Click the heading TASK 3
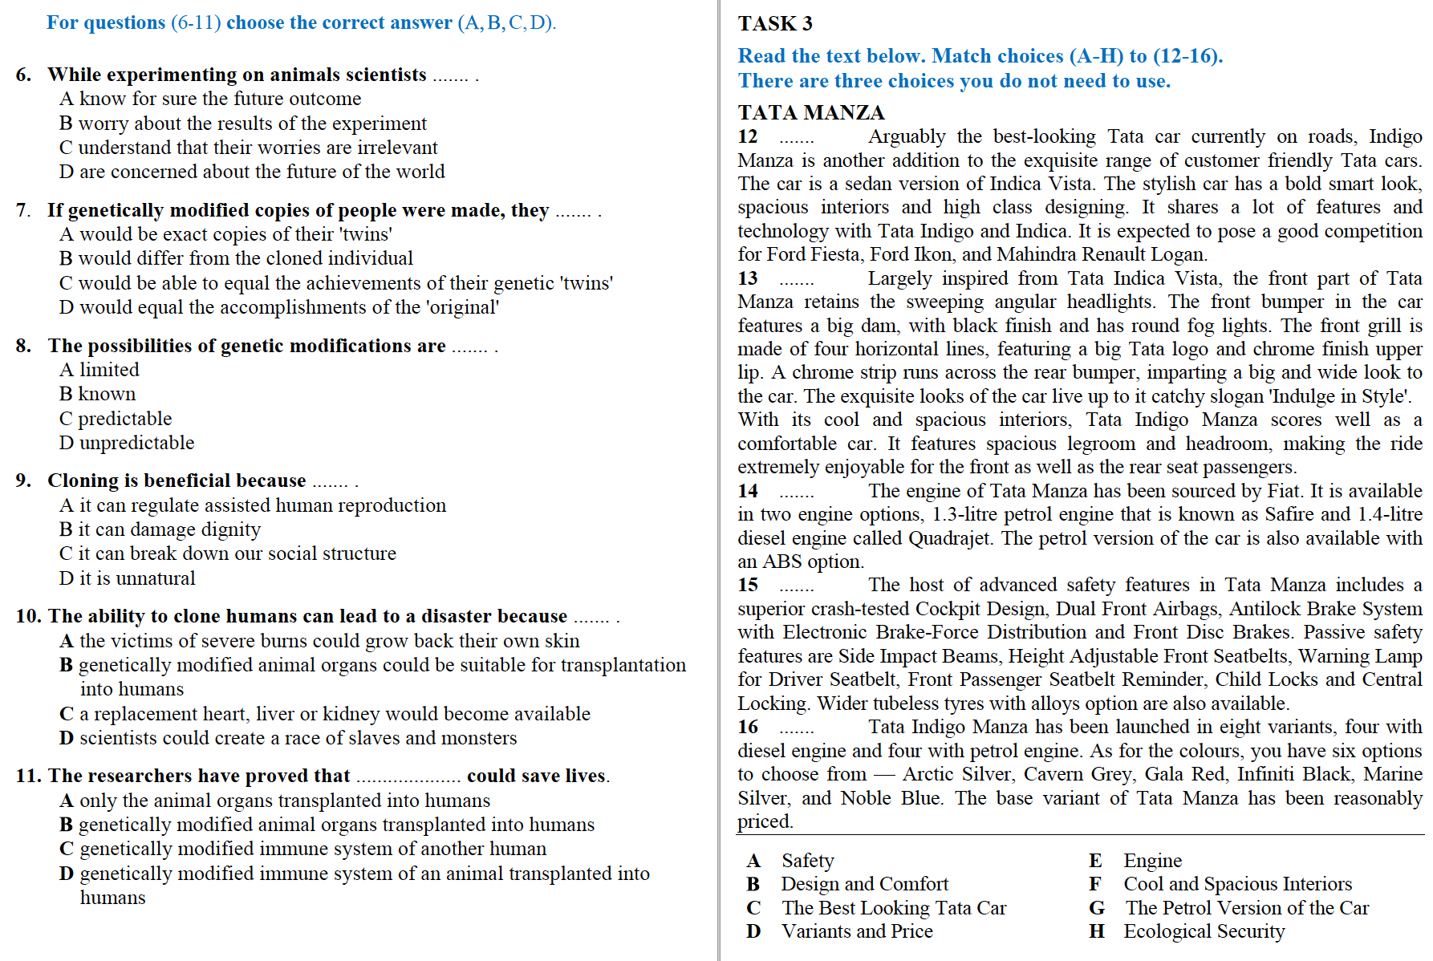[775, 23]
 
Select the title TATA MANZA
[810, 112]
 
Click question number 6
[24, 75]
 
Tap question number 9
[24, 480]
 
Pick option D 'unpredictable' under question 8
[127, 443]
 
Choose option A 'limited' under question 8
[99, 370]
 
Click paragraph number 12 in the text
[748, 136]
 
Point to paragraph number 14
[748, 491]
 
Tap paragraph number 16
[748, 727]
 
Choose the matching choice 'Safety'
[807, 861]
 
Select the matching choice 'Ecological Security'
[1204, 931]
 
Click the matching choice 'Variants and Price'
[857, 931]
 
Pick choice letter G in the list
[1097, 908]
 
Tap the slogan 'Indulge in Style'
[1340, 396]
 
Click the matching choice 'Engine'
[1152, 861]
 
